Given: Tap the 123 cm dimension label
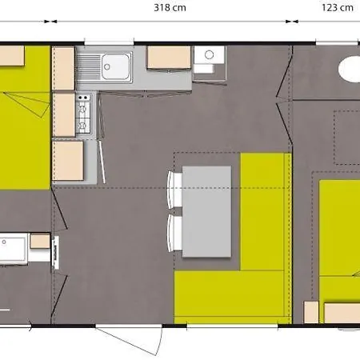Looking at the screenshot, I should point(336,9).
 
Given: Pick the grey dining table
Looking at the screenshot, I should point(207,210).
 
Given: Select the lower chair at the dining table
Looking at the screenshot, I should point(173,231).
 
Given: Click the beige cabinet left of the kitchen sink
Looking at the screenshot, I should point(63,69).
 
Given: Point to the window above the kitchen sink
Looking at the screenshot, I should point(109,43).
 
